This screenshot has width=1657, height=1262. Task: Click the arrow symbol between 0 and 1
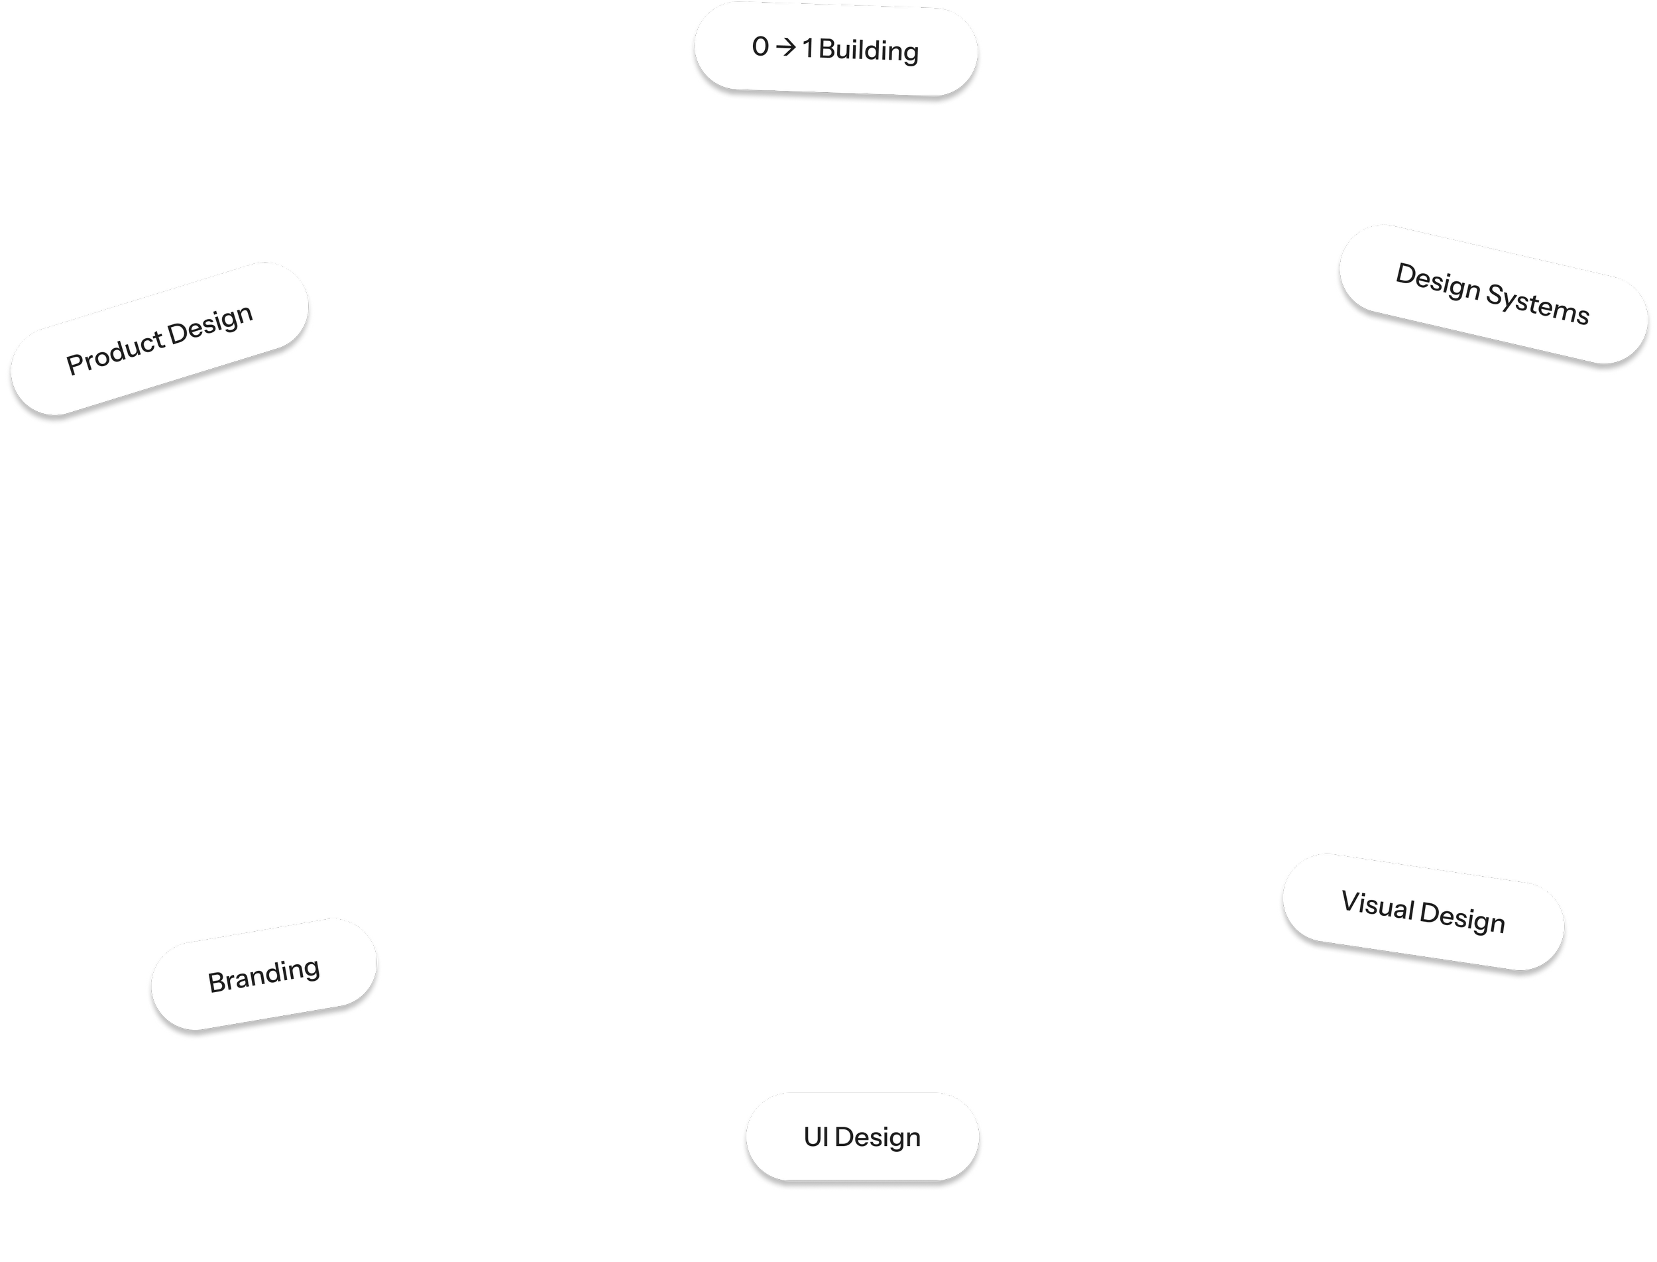(785, 48)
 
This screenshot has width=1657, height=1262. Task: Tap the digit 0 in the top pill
(760, 47)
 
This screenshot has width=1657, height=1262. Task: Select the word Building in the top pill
(869, 51)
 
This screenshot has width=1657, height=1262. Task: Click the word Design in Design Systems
(1437, 283)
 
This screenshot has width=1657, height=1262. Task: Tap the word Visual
(1378, 906)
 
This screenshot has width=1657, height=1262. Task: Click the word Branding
(264, 975)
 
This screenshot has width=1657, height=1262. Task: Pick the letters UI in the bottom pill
(815, 1137)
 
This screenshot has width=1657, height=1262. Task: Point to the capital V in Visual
(1349, 901)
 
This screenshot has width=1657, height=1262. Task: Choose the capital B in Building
(827, 50)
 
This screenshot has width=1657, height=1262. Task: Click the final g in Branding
(312, 970)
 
